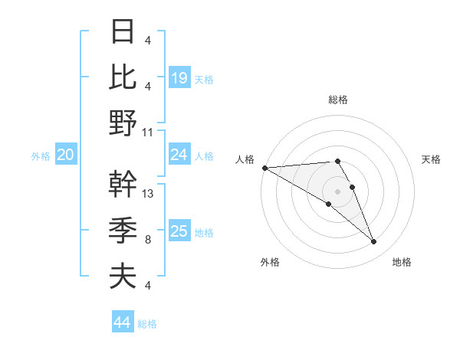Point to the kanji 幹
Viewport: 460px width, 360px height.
[123, 185]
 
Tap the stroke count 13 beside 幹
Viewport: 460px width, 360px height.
[148, 194]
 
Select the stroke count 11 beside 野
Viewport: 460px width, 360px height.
[148, 132]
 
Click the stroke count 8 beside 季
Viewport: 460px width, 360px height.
[147, 240]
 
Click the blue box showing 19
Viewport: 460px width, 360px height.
[179, 78]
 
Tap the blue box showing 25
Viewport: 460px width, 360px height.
[179, 231]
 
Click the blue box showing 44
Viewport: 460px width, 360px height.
[122, 322]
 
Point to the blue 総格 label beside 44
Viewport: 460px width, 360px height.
[148, 324]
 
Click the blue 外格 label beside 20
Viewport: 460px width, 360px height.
[41, 156]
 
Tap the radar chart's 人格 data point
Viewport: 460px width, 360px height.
[264, 168]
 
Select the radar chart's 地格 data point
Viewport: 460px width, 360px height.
[374, 242]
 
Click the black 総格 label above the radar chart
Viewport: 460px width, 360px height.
[338, 100]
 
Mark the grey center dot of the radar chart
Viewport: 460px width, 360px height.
[338, 190]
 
